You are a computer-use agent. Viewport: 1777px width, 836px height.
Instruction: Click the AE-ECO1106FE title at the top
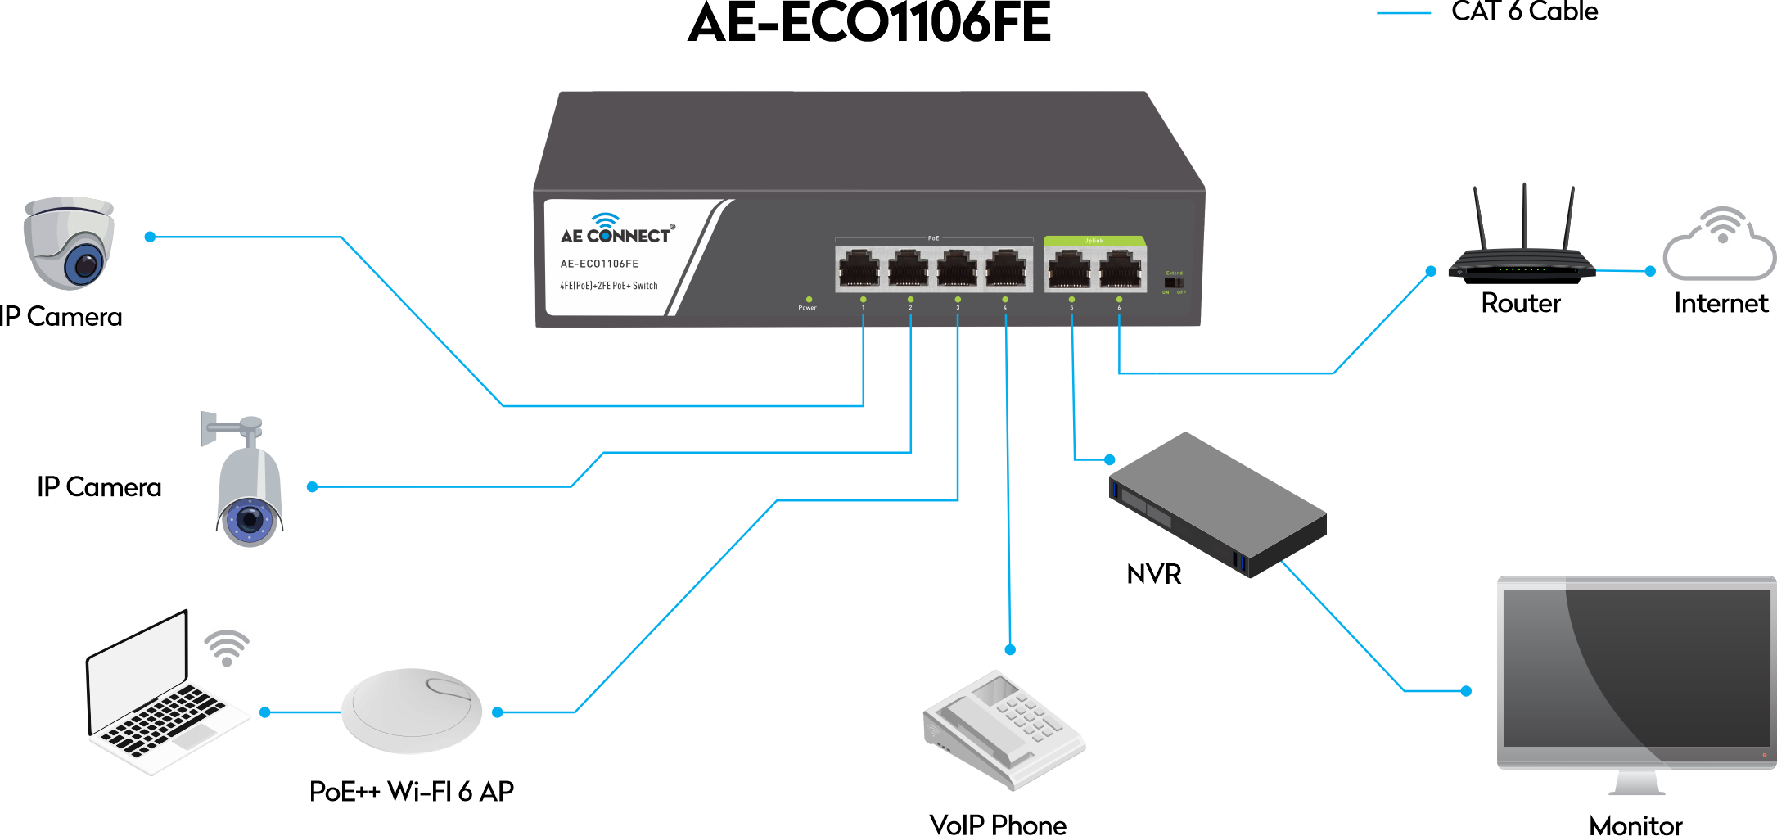[x=869, y=22]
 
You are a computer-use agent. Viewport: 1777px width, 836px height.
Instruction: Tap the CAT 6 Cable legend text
[x=1524, y=11]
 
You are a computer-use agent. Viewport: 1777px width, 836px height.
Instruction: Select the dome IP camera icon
[x=69, y=242]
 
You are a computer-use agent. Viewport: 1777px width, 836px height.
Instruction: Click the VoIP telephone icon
[x=1004, y=730]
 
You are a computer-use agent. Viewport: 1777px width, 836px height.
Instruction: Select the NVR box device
[x=1217, y=504]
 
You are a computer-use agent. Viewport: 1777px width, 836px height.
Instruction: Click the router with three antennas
[x=1522, y=254]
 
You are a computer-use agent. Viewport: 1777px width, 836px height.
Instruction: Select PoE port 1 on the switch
[x=859, y=269]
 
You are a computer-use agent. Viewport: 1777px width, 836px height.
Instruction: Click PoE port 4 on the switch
[x=1005, y=269]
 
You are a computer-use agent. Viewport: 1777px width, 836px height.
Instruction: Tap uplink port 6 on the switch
[x=1120, y=269]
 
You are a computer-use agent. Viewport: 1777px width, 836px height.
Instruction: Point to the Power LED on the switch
[x=809, y=300]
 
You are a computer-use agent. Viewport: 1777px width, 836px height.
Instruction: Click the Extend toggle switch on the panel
[x=1174, y=282]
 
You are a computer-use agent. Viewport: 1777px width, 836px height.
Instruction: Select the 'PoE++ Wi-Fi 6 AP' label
[x=412, y=791]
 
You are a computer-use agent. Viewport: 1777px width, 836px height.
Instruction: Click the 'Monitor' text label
[x=1635, y=825]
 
